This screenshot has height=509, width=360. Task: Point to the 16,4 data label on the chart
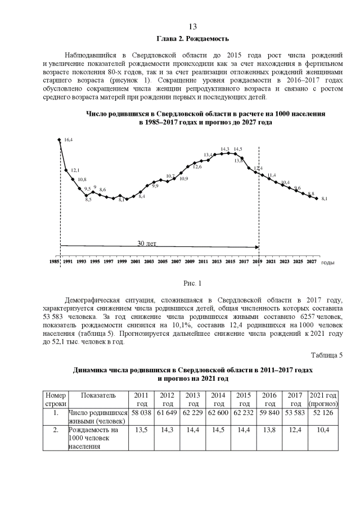point(69,139)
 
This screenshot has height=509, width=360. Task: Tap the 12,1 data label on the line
point(75,170)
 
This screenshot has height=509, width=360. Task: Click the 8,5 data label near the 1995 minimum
point(88,200)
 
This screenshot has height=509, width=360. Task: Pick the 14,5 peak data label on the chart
point(238,149)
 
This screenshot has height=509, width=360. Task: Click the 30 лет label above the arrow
point(147,244)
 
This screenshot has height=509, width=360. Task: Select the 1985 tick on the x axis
point(54,262)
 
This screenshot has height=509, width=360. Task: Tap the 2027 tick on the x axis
point(311,262)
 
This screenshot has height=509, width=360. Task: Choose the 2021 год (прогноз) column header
point(323,400)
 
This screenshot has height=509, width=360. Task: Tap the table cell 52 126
point(323,413)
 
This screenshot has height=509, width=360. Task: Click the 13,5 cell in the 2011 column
point(142,429)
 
